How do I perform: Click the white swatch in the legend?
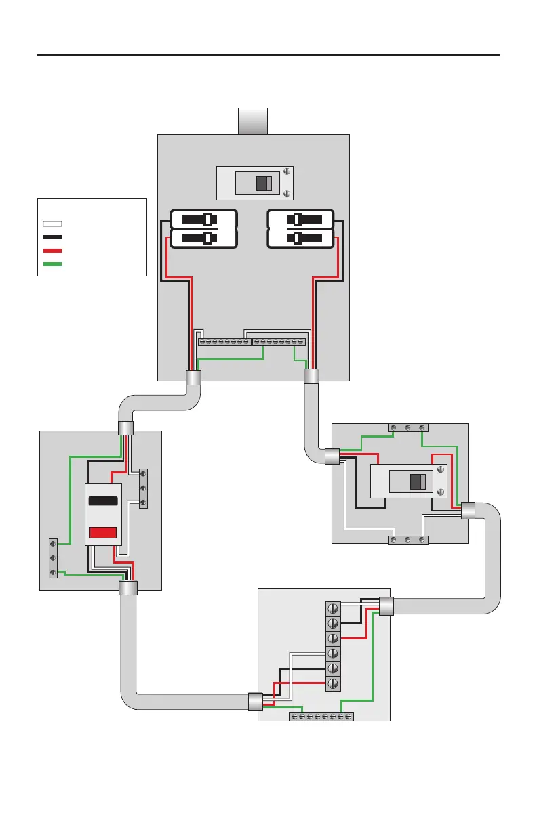click(x=52, y=223)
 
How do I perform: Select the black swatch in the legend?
click(x=52, y=237)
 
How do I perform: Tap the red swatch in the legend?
click(x=52, y=251)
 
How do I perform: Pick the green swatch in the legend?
click(x=52, y=264)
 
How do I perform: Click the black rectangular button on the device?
click(x=103, y=501)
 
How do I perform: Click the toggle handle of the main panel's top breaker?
click(x=264, y=183)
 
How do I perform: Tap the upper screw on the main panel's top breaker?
click(x=287, y=171)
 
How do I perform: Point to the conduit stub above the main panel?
click(x=253, y=121)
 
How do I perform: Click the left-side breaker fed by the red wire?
click(x=203, y=239)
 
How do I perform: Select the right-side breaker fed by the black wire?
click(x=300, y=219)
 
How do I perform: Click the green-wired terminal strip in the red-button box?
click(x=53, y=558)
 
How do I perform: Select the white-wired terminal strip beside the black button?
click(x=142, y=488)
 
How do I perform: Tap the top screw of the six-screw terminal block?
click(x=333, y=608)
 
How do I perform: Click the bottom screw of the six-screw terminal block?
click(x=333, y=683)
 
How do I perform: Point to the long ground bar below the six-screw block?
click(x=321, y=716)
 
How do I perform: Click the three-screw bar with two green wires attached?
click(x=406, y=427)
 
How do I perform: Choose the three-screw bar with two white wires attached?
click(x=406, y=540)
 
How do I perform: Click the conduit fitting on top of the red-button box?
click(x=125, y=428)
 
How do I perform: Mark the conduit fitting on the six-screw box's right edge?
click(x=386, y=606)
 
